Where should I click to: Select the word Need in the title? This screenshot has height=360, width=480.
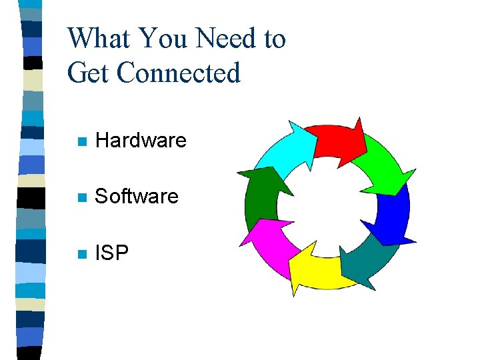pyautogui.click(x=224, y=39)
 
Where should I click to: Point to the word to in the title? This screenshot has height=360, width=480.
pyautogui.click(x=274, y=39)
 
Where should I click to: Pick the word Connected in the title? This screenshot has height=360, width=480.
pyautogui.click(x=178, y=73)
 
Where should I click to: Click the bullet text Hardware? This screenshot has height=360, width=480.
pyautogui.click(x=141, y=141)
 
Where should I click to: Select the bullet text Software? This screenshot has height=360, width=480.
pyautogui.click(x=137, y=197)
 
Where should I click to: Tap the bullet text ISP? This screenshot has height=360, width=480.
pyautogui.click(x=113, y=253)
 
